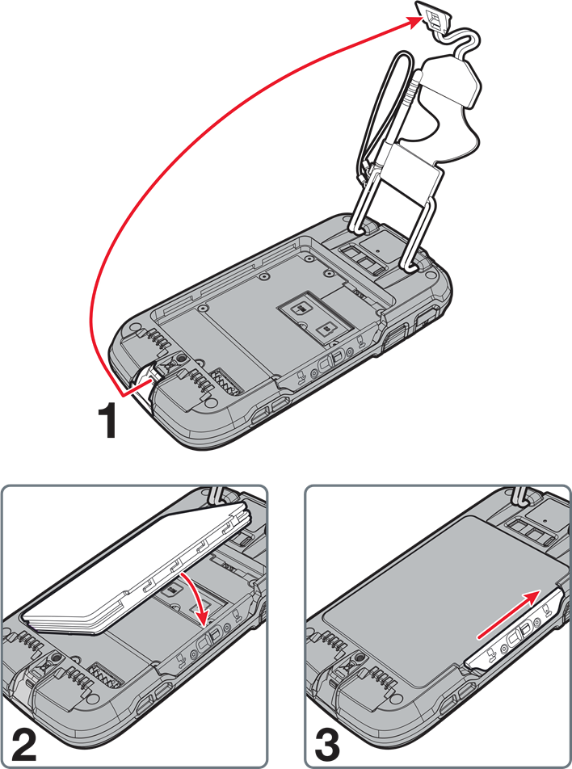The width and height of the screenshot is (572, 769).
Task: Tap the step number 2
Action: pos(23,744)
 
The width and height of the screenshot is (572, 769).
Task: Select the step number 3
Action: pos(328,744)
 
